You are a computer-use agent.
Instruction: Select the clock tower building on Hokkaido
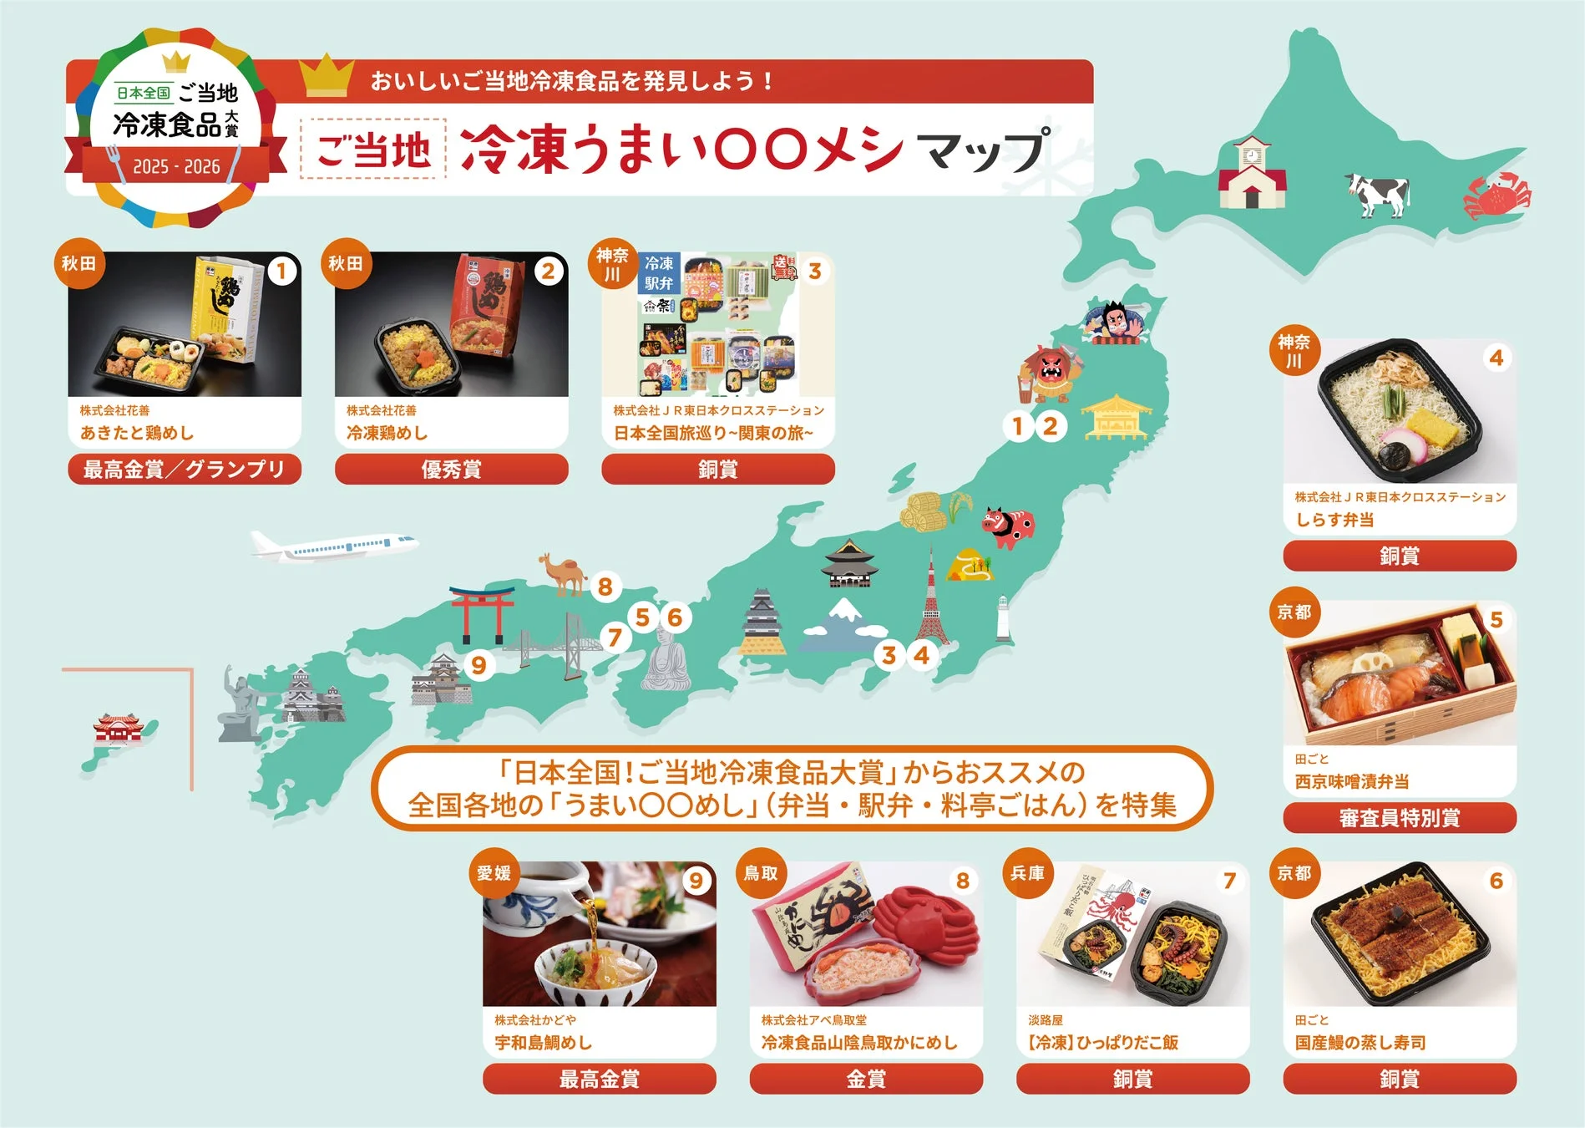coord(1251,174)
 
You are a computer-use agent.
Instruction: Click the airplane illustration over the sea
coord(334,546)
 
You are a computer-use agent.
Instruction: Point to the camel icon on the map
coord(563,572)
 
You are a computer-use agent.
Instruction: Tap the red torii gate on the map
coord(482,613)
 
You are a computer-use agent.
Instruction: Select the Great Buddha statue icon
coord(666,660)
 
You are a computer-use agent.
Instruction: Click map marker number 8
coord(605,587)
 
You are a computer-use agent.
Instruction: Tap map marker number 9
coord(479,665)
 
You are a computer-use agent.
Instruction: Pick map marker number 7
coord(615,638)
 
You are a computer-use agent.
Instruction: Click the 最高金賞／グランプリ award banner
coord(185,470)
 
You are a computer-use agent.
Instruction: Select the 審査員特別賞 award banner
coord(1400,818)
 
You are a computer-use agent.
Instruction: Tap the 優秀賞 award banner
coord(451,470)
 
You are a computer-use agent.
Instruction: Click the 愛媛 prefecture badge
coord(494,873)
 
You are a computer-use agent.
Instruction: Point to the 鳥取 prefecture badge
coord(761,873)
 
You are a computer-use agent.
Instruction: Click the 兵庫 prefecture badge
coord(1027,873)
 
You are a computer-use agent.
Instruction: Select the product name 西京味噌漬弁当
coord(1352,782)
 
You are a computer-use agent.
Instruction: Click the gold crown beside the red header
coord(327,76)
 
